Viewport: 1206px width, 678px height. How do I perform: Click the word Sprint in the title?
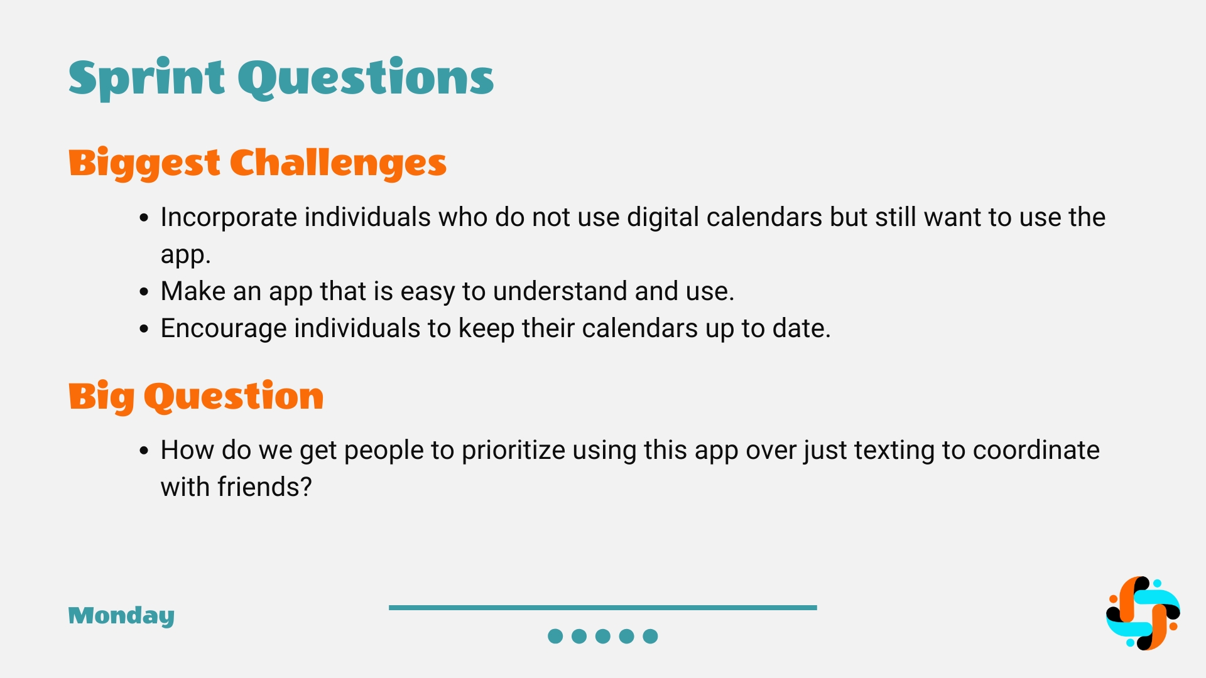coord(146,78)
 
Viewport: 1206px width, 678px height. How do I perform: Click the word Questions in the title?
coord(366,78)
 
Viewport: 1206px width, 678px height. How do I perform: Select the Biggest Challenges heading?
coord(258,164)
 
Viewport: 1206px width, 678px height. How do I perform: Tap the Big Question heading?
coord(196,397)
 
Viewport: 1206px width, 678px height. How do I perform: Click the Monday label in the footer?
coord(121,616)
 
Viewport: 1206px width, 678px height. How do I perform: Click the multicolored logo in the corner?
coord(1143,613)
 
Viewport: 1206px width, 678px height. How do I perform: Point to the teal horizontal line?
coord(603,608)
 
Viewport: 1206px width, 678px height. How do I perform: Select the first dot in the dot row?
coord(555,637)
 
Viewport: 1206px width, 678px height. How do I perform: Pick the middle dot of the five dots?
coord(603,637)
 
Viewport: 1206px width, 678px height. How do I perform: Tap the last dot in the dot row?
coord(651,637)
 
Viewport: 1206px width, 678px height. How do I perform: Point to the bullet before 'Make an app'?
coord(144,292)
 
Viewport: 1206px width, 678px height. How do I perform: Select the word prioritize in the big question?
coord(513,451)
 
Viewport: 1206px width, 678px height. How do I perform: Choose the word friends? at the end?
coord(264,487)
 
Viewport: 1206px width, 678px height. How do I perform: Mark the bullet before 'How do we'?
coord(144,451)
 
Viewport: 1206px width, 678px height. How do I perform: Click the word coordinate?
coord(1036,451)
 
